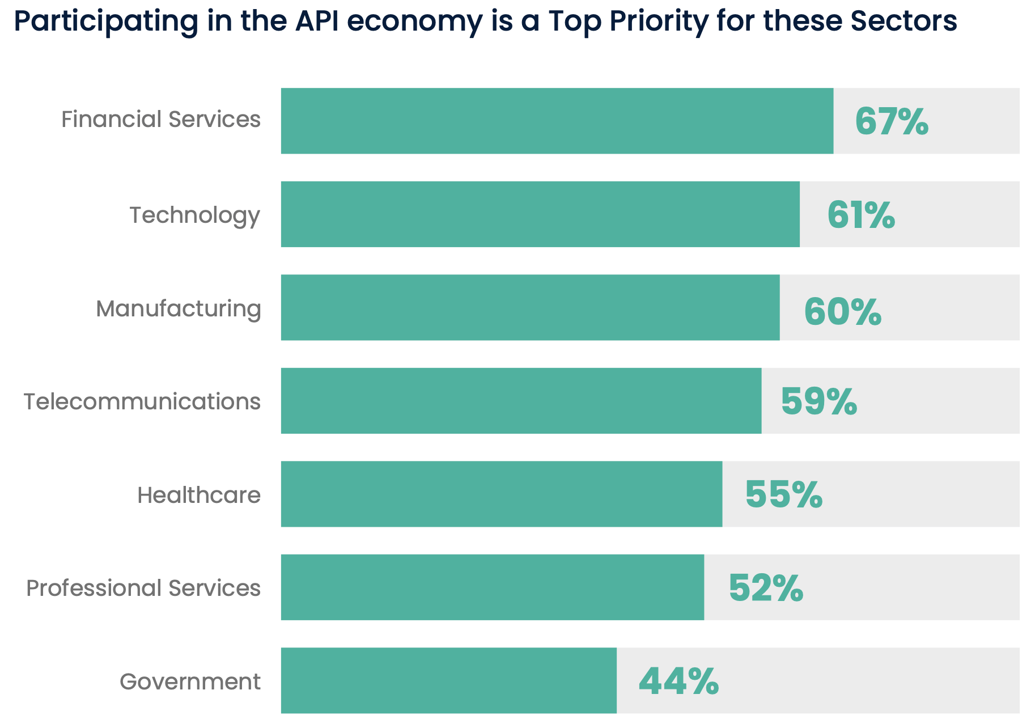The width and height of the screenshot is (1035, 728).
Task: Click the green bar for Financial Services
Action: pos(557,121)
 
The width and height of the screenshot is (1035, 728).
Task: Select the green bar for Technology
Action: pos(540,214)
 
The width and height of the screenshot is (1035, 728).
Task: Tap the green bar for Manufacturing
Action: pos(530,308)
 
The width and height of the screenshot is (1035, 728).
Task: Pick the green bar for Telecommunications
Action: pos(521,401)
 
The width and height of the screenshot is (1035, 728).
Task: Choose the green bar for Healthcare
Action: pos(502,494)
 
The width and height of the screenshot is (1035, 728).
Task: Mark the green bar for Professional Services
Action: pos(493,587)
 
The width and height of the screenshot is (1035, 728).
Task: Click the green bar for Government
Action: pos(448,680)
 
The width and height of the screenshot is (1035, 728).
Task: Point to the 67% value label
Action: pos(891,121)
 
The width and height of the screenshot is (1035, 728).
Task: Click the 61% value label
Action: pos(860,215)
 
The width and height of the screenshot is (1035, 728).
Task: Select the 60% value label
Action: pos(842,312)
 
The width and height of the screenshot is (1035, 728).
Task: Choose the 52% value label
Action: pos(765,588)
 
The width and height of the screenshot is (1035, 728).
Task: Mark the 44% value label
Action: pos(678,682)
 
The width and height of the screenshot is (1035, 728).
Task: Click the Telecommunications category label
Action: pos(142,401)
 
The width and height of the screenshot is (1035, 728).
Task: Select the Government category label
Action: pos(190,682)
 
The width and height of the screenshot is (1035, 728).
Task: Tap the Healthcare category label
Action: pos(198,495)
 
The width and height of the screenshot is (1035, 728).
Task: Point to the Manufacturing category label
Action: pos(178,309)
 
